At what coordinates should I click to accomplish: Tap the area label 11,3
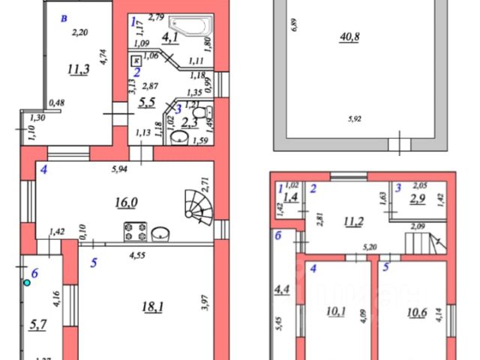(76, 70)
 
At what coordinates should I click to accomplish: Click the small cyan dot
(28, 283)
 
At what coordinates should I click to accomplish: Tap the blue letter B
(66, 16)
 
